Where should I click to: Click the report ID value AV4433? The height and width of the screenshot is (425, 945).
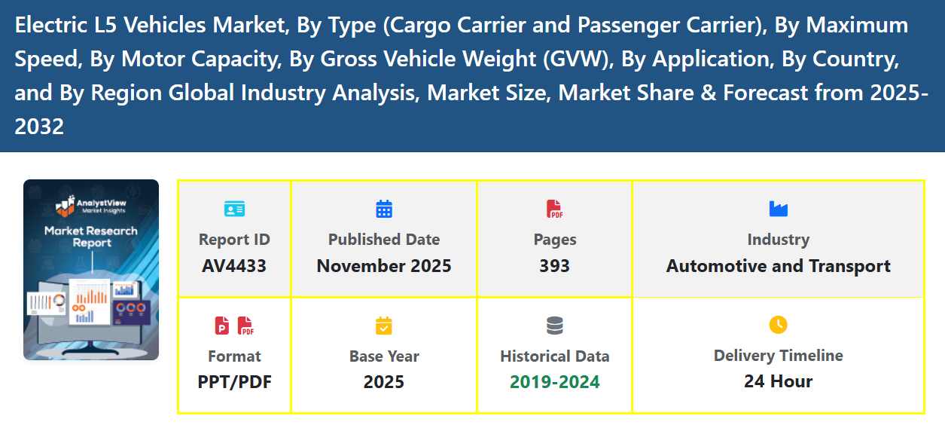coord(234,266)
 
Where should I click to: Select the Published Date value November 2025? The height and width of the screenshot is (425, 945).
coord(384,266)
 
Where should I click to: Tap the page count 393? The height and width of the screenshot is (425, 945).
coord(554,266)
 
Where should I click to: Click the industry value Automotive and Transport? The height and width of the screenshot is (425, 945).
coord(778,266)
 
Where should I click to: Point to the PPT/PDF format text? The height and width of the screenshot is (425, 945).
coord(234,382)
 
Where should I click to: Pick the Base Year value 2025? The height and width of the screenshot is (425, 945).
coord(384,382)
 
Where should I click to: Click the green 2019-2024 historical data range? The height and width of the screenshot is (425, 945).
coord(554,382)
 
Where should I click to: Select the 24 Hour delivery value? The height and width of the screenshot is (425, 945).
coord(778,381)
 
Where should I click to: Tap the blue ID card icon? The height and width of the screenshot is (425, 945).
coord(234,209)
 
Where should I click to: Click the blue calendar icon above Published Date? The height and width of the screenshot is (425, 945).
coord(384,209)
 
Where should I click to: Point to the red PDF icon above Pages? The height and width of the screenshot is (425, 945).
coord(554,209)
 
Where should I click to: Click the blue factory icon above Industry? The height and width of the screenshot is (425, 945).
coord(778,209)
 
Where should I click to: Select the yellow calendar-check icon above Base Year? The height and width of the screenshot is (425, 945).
coord(384,326)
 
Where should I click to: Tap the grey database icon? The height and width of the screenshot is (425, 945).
coord(554,326)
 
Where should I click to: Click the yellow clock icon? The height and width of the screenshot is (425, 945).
coord(778,325)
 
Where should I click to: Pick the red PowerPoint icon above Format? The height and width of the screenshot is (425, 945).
coord(222,326)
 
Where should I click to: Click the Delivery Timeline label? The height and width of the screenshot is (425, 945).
coord(778,356)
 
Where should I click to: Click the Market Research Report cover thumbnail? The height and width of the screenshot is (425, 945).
coord(91,270)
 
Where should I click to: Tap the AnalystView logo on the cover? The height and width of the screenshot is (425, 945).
coord(91,205)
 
